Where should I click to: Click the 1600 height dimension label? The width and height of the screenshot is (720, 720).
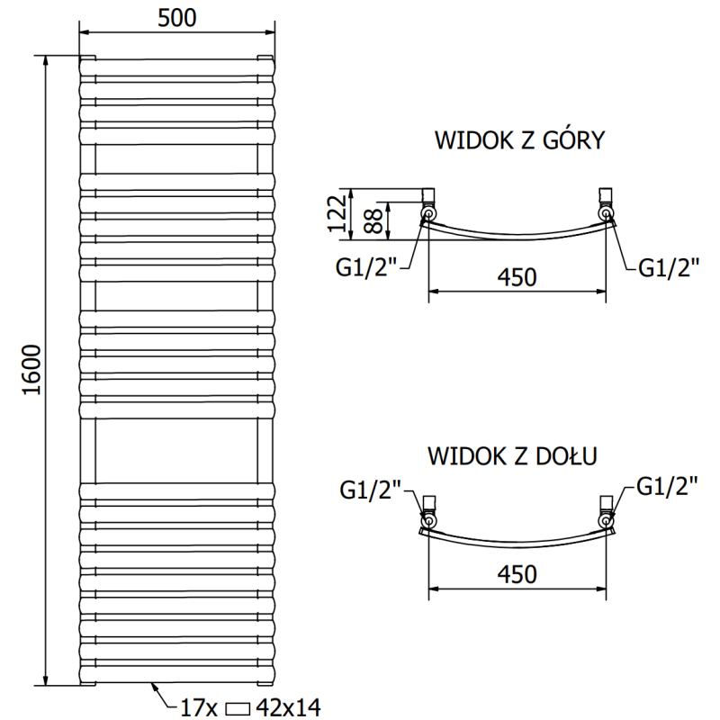[33, 370]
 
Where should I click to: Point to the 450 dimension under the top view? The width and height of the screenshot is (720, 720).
[516, 278]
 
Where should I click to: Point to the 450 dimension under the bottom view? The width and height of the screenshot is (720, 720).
[516, 574]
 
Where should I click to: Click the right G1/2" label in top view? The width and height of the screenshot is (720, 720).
[668, 267]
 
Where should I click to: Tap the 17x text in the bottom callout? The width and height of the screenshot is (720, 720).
[199, 707]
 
